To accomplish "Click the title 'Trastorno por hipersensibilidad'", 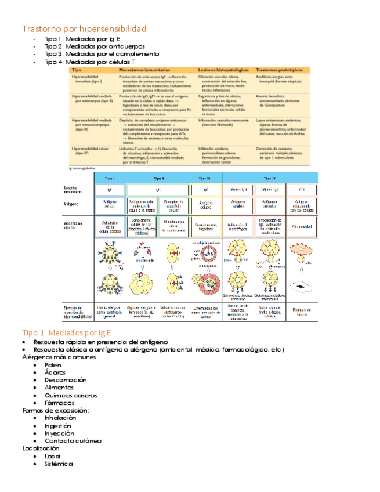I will point(84,28).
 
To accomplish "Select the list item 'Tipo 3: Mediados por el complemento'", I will point(102,54).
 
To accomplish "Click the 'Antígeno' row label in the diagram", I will point(72,204).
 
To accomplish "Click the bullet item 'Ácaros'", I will point(55,372).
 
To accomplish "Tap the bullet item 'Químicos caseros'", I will point(71,395).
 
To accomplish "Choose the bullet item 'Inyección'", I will point(59,433).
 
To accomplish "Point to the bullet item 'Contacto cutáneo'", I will point(73,440).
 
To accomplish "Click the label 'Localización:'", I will point(42,448).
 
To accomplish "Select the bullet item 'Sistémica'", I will point(59,464).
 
